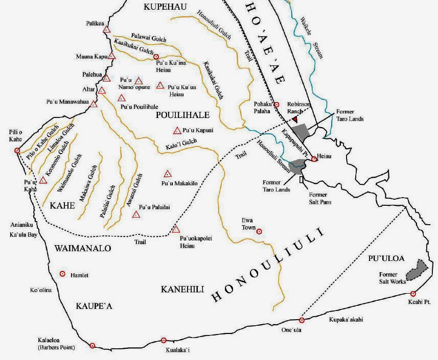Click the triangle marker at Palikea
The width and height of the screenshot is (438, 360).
[x=106, y=30]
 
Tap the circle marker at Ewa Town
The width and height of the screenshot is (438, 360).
[x=259, y=231]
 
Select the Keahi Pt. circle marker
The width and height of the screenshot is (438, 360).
[x=413, y=294]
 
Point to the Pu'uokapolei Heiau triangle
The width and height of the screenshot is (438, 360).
[x=176, y=229]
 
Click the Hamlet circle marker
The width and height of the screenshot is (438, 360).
[x=63, y=274]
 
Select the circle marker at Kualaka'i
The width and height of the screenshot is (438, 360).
[x=164, y=340]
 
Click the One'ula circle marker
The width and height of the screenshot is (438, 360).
[x=302, y=320]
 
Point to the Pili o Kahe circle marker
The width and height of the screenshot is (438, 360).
[x=17, y=151]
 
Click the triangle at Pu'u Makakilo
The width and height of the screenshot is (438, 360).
[x=167, y=174]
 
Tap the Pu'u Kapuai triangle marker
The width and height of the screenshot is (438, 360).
[x=177, y=130]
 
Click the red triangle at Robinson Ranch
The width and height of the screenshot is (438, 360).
[x=295, y=119]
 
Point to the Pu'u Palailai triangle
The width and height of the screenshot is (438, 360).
[x=136, y=214]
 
